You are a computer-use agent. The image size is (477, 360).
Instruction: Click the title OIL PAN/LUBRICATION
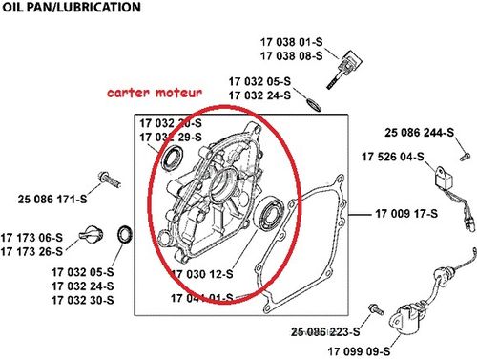click(x=71, y=8)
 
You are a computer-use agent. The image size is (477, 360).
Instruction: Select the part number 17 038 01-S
click(x=291, y=42)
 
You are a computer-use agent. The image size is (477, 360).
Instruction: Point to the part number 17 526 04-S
click(x=392, y=156)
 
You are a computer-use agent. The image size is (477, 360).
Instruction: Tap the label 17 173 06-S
click(x=38, y=238)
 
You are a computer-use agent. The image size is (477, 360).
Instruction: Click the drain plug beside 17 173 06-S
click(x=93, y=233)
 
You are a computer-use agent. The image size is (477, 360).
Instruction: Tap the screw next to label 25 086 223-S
click(x=374, y=307)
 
